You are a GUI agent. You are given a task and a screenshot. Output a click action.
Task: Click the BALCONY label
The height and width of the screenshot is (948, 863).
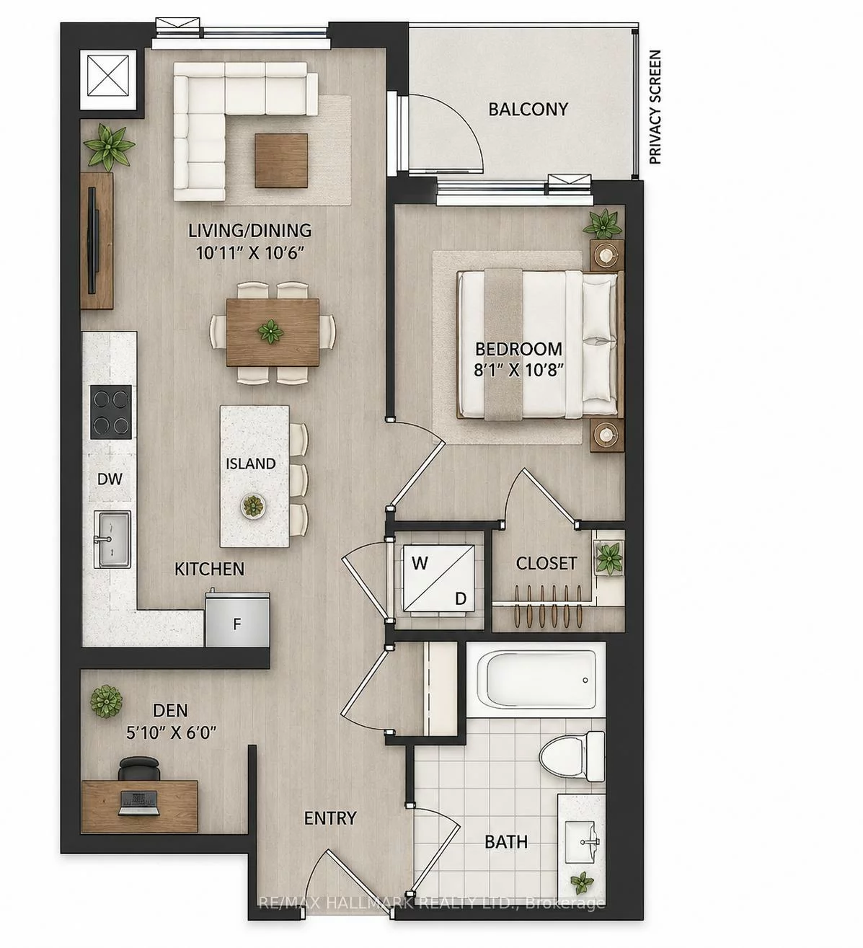tap(528, 109)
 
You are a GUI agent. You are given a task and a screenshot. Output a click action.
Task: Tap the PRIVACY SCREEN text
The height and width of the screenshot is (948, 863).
tap(655, 107)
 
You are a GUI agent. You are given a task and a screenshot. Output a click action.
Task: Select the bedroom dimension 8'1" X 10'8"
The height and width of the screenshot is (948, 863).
tap(519, 369)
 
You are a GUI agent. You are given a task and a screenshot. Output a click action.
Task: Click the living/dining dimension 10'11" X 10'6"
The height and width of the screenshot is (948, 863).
tap(249, 253)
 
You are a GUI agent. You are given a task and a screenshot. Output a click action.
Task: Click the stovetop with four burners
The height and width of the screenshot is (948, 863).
tap(110, 412)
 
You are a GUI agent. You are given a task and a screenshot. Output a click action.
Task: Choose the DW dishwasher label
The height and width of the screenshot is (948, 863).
tap(110, 479)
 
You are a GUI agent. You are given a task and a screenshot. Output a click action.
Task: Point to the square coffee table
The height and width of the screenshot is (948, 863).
tap(281, 160)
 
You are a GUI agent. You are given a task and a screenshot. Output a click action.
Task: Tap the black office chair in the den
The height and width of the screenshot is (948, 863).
tap(139, 769)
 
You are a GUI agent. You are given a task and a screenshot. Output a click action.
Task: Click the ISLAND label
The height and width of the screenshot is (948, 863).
tap(250, 464)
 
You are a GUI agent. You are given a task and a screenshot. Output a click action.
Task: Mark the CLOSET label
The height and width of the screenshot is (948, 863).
tap(546, 563)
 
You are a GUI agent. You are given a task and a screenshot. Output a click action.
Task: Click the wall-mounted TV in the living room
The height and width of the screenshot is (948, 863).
tap(94, 241)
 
